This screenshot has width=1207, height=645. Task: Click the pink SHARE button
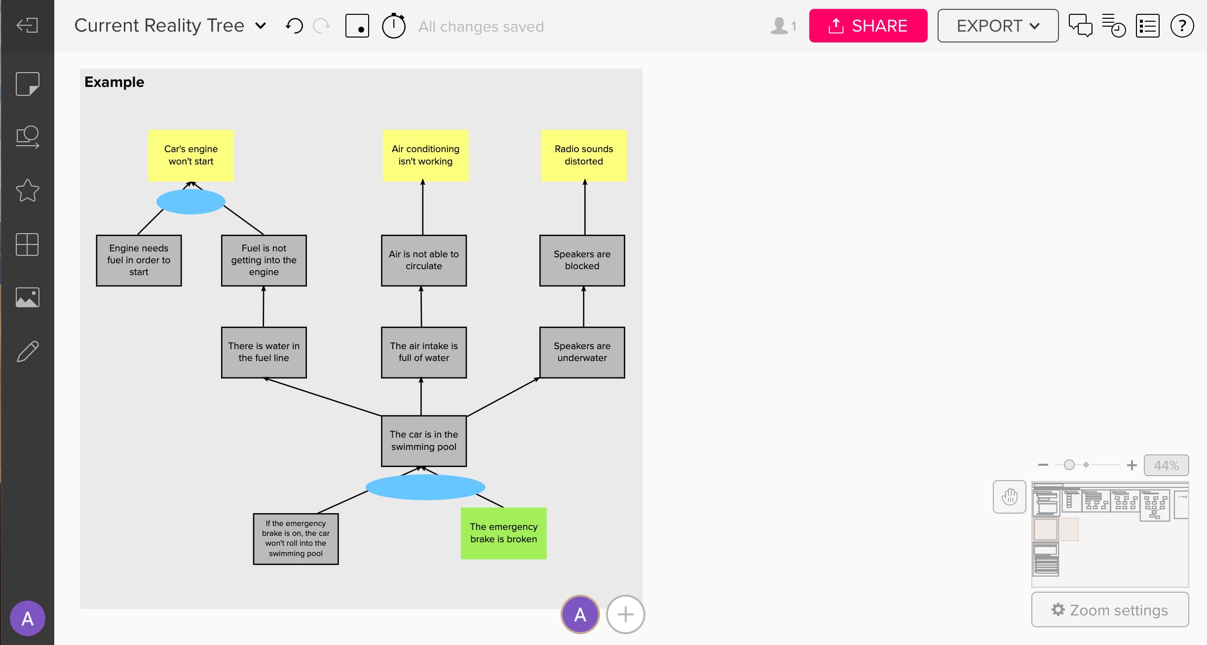tap(868, 26)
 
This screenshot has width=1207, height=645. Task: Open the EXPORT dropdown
tap(997, 26)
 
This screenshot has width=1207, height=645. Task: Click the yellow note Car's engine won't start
tap(191, 155)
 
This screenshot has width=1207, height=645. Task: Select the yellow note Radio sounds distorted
tap(583, 155)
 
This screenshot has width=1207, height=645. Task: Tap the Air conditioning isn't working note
tap(425, 155)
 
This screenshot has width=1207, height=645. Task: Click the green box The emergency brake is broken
tap(503, 533)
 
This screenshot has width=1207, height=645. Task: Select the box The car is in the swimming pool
tap(423, 441)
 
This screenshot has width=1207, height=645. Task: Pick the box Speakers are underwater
tap(582, 352)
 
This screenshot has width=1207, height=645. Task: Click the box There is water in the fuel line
tap(264, 352)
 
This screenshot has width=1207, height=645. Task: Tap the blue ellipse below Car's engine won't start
tap(191, 202)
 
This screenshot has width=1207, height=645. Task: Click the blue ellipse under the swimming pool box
tap(425, 487)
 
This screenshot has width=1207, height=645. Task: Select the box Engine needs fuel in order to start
tap(139, 260)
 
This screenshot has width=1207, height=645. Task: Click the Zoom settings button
tap(1109, 610)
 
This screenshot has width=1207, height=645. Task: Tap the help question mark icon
tap(1182, 26)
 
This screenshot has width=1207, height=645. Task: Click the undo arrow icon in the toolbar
tap(294, 26)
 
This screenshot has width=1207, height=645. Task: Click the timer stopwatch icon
tap(393, 26)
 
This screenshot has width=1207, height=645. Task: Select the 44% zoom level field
tap(1166, 465)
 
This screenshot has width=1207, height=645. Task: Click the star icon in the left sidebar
tap(27, 191)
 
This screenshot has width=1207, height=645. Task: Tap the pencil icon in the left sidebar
tap(27, 352)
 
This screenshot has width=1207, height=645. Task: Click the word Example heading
tap(114, 82)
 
